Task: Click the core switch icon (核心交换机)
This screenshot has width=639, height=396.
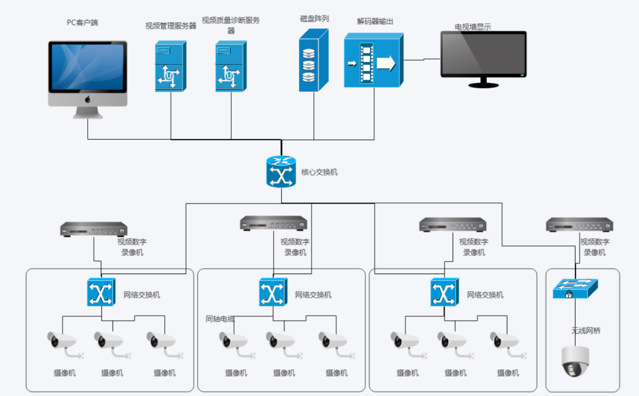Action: (281, 172)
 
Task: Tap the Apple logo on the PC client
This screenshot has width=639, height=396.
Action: (88, 99)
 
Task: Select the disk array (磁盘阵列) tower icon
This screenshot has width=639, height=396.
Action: (313, 60)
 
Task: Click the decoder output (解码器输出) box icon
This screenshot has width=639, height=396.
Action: (374, 60)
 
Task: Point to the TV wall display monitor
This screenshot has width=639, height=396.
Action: (483, 59)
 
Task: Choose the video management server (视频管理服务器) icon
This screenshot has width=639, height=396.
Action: (171, 66)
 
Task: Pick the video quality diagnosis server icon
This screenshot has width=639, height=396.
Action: (231, 66)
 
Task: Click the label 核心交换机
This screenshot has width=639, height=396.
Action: (319, 172)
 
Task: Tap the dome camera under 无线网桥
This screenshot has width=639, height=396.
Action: (575, 362)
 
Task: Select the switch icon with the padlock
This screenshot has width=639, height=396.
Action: (575, 289)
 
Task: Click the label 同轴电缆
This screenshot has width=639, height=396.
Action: (220, 319)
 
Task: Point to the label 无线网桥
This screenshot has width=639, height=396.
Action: (586, 331)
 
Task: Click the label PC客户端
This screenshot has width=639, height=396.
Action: (83, 23)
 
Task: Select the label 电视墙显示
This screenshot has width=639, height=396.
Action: (473, 27)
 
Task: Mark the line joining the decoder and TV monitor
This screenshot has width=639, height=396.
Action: (422, 59)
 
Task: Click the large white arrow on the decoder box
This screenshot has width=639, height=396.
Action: (386, 63)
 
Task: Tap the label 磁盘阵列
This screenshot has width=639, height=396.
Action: (314, 19)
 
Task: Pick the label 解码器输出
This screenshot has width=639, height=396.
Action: (375, 21)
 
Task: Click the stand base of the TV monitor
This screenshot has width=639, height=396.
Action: (483, 85)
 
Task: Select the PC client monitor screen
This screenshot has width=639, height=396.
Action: (88, 67)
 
